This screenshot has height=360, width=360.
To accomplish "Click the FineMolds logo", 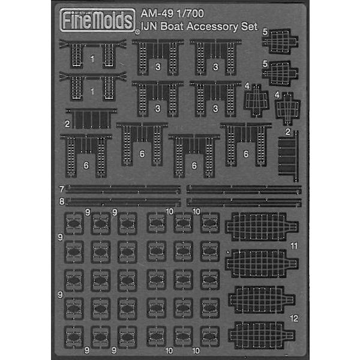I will tap(100, 22).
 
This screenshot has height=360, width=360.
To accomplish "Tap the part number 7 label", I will tap(62, 190).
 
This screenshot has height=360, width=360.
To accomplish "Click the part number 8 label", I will tap(62, 202).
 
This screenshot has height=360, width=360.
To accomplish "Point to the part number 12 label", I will tap(293, 317).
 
